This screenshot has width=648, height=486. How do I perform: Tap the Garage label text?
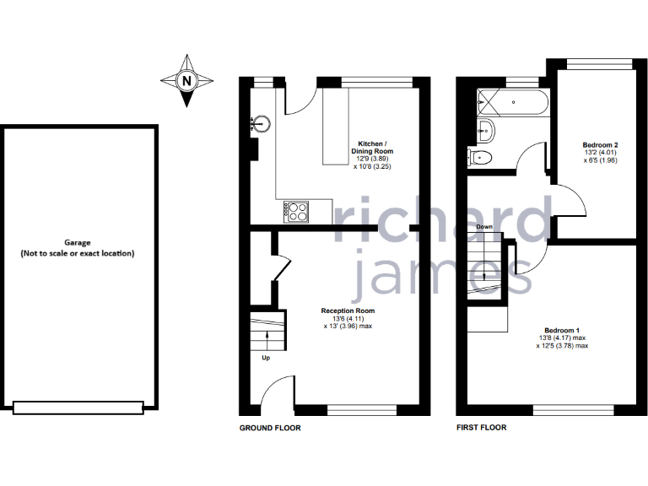(78, 248)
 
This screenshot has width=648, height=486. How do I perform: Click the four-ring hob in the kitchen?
(296, 211)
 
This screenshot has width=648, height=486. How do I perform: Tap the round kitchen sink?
(262, 124)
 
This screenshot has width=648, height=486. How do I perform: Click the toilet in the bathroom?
(480, 158)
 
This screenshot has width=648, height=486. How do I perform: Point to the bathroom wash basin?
(484, 130)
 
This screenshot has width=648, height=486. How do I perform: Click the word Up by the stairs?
(265, 358)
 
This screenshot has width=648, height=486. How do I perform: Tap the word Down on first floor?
(484, 227)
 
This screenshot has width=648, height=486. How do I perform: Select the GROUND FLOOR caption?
(270, 428)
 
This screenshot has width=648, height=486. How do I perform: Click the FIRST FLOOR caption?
(481, 428)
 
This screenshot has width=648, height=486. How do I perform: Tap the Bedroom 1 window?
(573, 410)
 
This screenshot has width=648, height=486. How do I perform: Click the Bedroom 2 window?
(598, 64)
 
